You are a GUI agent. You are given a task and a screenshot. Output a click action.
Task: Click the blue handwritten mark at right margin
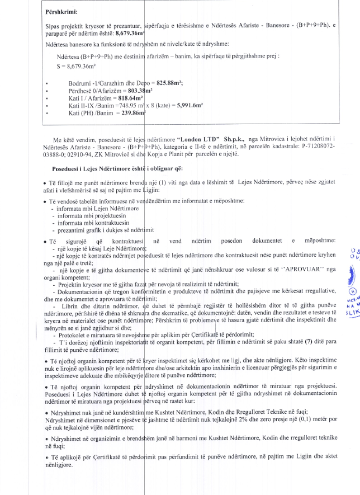point(352,277)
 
